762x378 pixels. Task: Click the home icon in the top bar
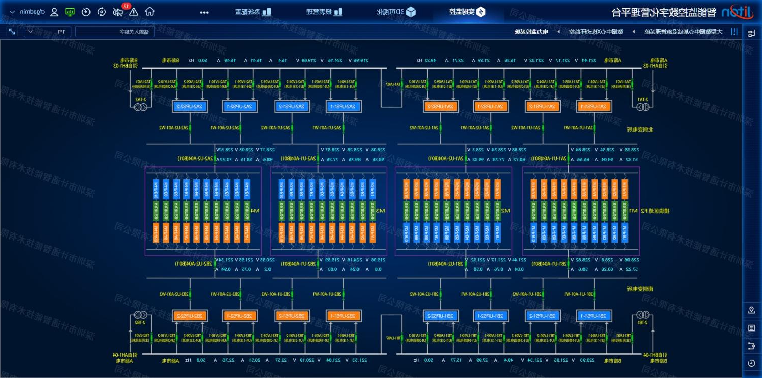tap(150, 12)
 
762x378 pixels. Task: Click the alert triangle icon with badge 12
tap(133, 12)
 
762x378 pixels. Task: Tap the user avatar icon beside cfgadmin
tap(54, 12)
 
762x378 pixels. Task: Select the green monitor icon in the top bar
tap(70, 12)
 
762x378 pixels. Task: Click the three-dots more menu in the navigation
tap(204, 12)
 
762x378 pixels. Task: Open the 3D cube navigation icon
tap(411, 12)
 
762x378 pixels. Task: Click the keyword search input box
tap(115, 32)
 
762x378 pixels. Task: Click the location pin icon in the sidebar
tap(751, 310)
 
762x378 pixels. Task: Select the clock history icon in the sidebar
tap(751, 363)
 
